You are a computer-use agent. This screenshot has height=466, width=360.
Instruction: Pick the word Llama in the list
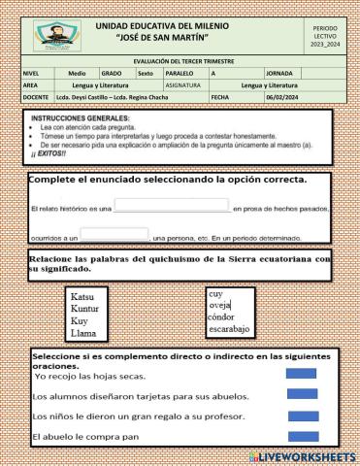[x=83, y=333]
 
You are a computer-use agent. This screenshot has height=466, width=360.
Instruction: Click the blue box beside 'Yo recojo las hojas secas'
[x=303, y=374]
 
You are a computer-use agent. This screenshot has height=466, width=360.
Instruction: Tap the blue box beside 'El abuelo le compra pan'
[x=303, y=436]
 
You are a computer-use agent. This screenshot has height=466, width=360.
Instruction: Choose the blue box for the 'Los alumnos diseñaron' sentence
[x=303, y=394]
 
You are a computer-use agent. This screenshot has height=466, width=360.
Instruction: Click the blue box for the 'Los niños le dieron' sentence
[x=303, y=416]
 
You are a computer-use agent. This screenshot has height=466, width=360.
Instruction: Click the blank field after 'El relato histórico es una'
[x=172, y=205]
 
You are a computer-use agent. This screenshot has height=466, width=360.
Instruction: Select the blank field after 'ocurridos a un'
[x=115, y=233]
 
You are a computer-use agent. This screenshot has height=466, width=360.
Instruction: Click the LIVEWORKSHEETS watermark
[x=302, y=456]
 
